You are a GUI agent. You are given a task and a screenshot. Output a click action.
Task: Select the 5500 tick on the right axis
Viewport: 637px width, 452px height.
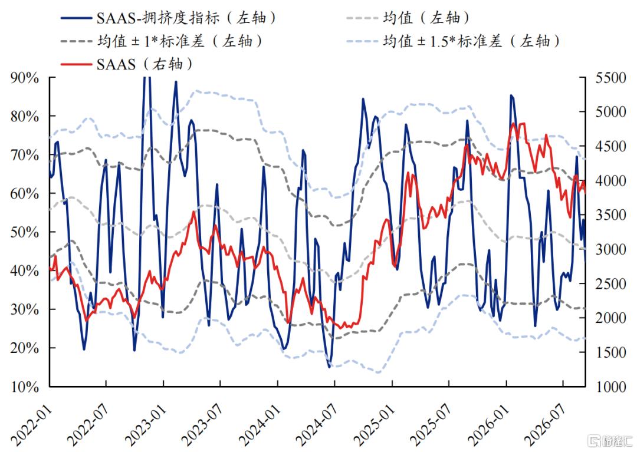tap(611, 78)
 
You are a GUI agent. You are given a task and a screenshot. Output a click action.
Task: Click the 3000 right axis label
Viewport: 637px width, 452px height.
tap(611, 249)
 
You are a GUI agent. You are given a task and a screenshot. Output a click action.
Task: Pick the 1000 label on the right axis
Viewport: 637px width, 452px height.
tap(611, 387)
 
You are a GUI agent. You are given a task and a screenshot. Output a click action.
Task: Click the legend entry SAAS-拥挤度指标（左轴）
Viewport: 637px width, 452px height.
tap(169, 18)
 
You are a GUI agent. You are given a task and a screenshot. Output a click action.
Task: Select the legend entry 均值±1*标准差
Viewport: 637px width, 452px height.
tap(162, 41)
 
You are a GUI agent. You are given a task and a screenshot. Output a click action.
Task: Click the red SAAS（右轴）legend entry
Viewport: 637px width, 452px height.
tap(127, 64)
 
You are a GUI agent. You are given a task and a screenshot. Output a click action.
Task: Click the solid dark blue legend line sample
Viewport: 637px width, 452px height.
tap(76, 18)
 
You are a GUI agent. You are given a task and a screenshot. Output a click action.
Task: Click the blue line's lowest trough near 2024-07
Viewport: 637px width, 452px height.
tap(330, 367)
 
